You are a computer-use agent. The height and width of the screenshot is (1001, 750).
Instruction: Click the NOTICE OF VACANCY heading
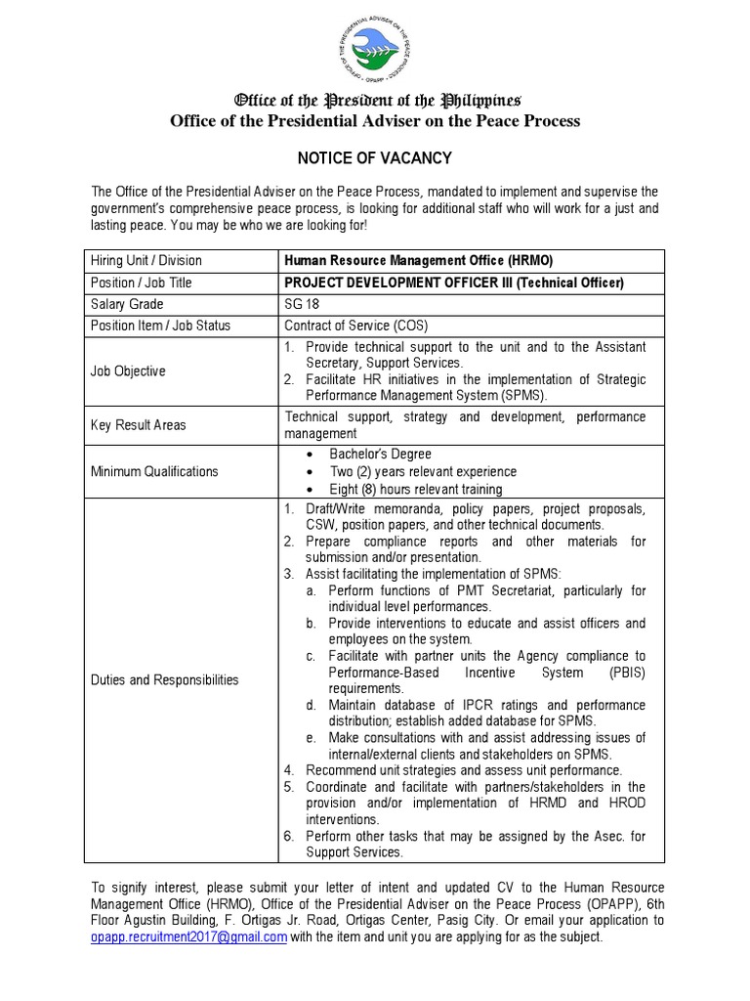coord(375,158)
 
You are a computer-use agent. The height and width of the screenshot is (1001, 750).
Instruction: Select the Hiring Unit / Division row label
coord(146,260)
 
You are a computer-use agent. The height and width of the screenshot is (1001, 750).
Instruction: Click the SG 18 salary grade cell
coord(302,304)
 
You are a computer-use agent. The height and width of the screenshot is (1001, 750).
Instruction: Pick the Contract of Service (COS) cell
coord(355,326)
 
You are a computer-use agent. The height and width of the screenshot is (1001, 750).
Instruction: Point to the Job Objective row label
coord(128,371)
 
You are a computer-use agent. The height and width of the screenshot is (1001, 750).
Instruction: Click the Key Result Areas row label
coord(138,425)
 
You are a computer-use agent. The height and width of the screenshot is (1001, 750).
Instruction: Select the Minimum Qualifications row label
coord(154,471)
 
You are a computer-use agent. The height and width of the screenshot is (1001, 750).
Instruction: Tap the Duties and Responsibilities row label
coord(164,680)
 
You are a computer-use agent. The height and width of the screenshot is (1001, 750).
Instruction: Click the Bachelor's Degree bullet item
coord(380,454)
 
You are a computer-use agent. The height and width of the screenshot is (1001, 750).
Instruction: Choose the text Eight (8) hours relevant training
coord(415,489)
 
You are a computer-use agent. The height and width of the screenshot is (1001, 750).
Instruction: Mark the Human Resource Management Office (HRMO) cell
coord(410,260)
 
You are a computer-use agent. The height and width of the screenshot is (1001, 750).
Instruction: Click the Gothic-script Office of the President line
coord(375,101)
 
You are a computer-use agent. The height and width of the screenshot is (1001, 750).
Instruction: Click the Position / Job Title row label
coord(141,283)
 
